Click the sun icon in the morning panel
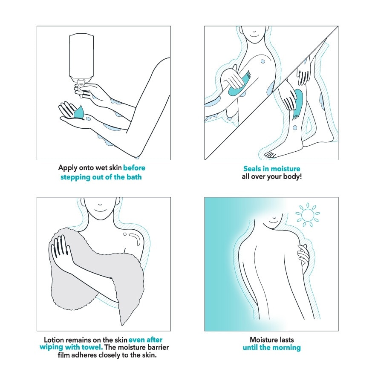click(x=308, y=214)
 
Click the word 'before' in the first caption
click(x=134, y=167)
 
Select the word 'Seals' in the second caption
click(x=252, y=169)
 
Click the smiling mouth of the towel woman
click(x=100, y=211)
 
